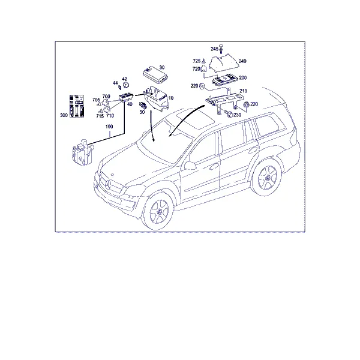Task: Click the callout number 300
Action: pos(64,115)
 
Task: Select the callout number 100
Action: pos(109,127)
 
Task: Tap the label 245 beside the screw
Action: pos(214,49)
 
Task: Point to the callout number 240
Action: pos(242,61)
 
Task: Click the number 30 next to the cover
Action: pos(162,67)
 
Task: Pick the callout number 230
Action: pos(237,115)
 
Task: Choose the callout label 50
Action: pos(142,112)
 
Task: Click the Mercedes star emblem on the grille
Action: pos(109,184)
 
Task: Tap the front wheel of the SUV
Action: pos(158,212)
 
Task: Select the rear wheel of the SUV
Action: pos(267,178)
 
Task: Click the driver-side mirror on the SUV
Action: pos(190,165)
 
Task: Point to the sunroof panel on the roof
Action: pos(197,119)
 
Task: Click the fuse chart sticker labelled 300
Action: pos(77,106)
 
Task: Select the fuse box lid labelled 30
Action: pos(155,74)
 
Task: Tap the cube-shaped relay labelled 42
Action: pos(125,85)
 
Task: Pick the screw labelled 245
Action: pos(221,49)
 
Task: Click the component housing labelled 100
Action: pos(82,152)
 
